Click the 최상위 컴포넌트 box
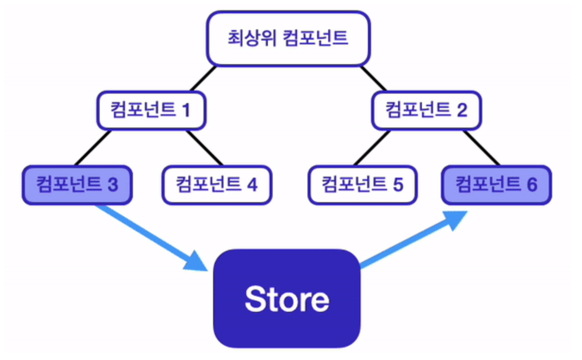288,38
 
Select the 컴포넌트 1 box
151,111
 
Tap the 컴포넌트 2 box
426,111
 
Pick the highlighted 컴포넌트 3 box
77,185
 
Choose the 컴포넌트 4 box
217,185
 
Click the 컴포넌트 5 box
362,185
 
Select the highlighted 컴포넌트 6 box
496,185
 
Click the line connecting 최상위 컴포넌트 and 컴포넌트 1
203,78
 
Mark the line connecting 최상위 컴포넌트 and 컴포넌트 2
374,78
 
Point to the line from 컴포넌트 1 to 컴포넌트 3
92,148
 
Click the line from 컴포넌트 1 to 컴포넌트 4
204,148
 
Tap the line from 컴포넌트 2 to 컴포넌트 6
481,148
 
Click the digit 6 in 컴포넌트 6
532,185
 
